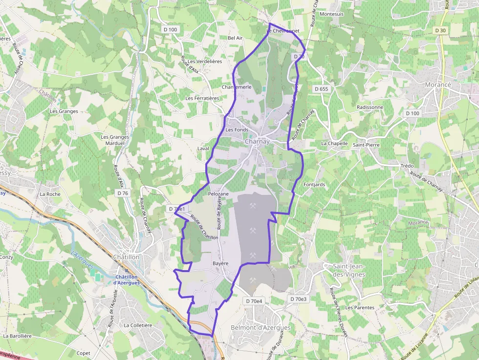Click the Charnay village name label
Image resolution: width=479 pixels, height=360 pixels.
(x=257, y=142)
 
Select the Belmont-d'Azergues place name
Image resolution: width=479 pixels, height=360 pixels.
(x=261, y=328)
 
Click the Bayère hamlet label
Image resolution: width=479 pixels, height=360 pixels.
(x=220, y=263)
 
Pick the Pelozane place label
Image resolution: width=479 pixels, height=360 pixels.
(x=218, y=194)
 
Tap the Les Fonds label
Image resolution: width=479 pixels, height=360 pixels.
(x=237, y=130)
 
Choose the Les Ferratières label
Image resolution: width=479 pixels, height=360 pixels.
(x=202, y=98)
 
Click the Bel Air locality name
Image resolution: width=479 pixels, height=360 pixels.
(x=235, y=38)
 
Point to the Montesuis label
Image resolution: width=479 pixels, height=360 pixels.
(x=332, y=14)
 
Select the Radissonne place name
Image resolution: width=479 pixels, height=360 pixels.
(x=370, y=107)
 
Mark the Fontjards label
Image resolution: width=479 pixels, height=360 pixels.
(x=314, y=185)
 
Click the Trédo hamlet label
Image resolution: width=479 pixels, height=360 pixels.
(x=407, y=166)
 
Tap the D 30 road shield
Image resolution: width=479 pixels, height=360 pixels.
(x=440, y=30)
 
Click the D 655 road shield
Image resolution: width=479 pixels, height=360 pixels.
(x=322, y=89)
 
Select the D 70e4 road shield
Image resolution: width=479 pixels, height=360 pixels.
(x=254, y=301)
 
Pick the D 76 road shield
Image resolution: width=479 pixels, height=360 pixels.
(x=123, y=193)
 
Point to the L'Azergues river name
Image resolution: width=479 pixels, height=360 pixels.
(x=82, y=258)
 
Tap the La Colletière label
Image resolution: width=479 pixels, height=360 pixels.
(x=138, y=325)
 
